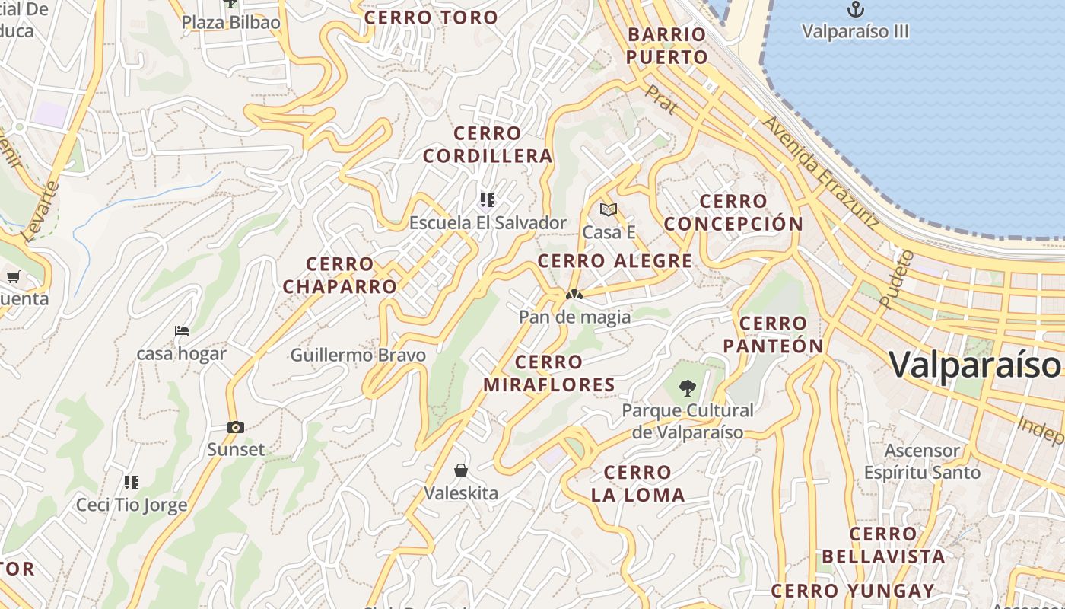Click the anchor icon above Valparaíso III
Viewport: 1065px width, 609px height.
[857, 9]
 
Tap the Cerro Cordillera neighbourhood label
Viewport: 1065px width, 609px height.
[488, 145]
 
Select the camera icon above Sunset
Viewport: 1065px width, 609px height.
[236, 427]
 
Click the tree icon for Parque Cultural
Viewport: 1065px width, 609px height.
[688, 388]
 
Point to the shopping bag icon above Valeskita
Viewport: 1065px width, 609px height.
[460, 470]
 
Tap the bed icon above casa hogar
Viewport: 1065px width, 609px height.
[182, 331]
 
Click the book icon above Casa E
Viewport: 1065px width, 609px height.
[608, 209]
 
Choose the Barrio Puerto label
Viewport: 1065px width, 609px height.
[668, 46]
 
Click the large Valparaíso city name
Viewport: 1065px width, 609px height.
[974, 364]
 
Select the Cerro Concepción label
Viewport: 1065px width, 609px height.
[733, 212]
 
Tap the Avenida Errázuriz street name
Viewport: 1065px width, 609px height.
[821, 173]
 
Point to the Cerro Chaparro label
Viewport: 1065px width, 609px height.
[340, 276]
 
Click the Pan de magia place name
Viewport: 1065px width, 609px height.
[574, 317]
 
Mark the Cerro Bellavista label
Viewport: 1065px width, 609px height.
[883, 545]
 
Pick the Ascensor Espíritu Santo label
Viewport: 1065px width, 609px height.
[922, 461]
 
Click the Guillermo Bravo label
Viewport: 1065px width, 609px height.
[358, 355]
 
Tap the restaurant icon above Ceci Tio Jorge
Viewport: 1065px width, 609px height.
[132, 482]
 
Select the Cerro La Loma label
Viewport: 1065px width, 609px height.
[637, 483]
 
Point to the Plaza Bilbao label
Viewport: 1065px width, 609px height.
[230, 22]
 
